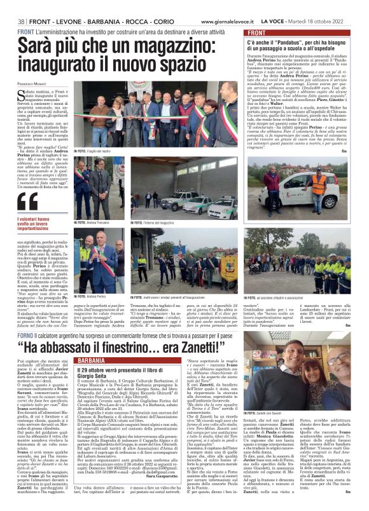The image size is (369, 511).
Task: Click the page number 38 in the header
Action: point(21,22)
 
